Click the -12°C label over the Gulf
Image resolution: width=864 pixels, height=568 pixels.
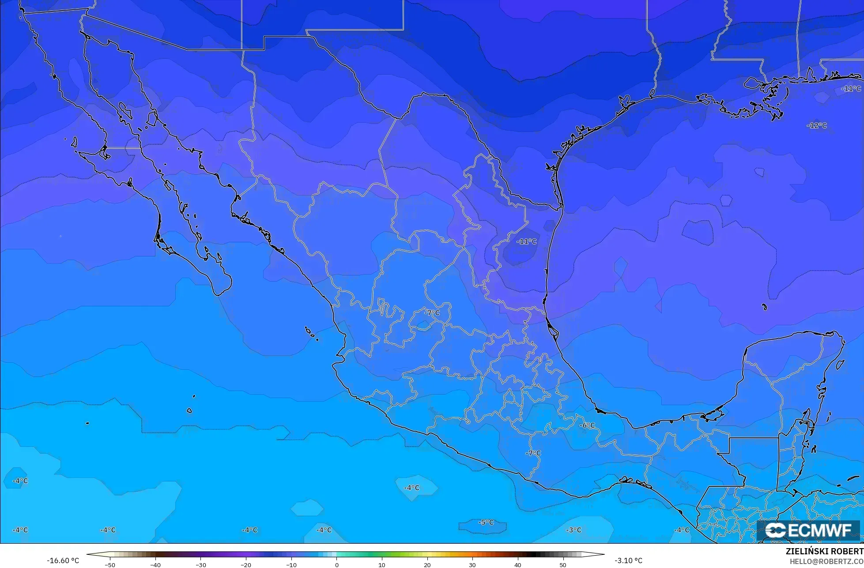(817, 125)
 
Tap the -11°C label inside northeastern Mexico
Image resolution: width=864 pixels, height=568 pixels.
(526, 241)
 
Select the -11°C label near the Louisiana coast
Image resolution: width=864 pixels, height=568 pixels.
(851, 89)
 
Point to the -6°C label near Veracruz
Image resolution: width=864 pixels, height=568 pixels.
(587, 425)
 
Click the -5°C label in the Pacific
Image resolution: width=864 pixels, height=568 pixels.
(486, 522)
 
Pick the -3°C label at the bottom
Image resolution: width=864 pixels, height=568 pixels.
(574, 530)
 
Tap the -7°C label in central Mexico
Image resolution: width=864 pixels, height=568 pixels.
(432, 313)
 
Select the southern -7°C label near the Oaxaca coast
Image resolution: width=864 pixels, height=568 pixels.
(533, 453)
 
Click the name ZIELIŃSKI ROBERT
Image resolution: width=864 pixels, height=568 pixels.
(824, 552)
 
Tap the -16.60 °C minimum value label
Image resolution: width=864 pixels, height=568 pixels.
(63, 560)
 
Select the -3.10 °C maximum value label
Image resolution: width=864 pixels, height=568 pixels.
(628, 560)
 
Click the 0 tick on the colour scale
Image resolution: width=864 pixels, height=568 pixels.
(336, 564)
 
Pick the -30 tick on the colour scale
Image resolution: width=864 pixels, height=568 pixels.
(201, 564)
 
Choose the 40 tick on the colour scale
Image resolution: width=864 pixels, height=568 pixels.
(517, 564)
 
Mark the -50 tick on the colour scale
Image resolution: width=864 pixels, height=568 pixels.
(110, 564)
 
